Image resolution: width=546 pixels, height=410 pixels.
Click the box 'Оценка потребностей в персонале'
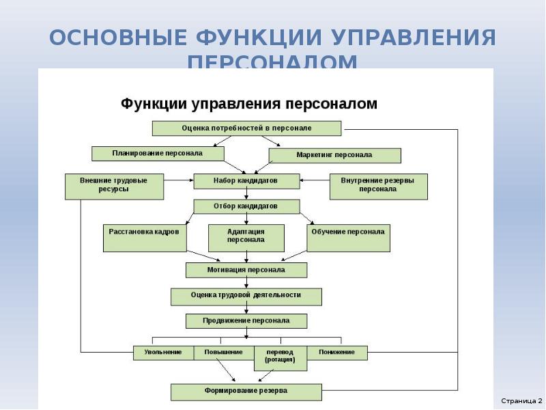pos(246,128)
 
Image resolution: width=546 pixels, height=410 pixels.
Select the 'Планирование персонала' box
pos(158,154)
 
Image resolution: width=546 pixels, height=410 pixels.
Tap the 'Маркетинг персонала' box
pos(334,155)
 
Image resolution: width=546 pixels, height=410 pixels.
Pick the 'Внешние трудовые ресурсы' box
pos(114,186)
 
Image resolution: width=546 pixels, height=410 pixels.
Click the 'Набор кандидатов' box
pos(246,180)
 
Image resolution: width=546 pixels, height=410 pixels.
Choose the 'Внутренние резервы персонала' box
pos(378,186)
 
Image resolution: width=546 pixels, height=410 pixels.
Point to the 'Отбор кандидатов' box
pos(246,206)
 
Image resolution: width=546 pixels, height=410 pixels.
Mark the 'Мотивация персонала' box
pos(246,270)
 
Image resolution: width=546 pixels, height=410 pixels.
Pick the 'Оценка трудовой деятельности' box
pos(246,296)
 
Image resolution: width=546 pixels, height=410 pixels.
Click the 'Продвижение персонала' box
pos(246,320)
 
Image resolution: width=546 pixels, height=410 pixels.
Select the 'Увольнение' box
pos(163,353)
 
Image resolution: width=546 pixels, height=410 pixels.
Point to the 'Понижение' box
pos(336,353)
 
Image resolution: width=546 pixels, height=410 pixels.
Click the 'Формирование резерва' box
pos(246,392)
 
